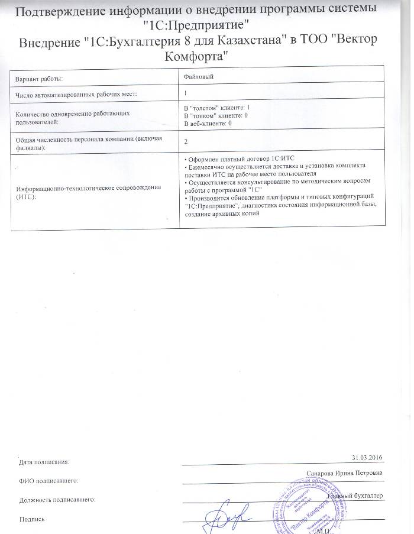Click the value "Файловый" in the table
click(x=199, y=76)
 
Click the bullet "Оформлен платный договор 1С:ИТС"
click(x=239, y=158)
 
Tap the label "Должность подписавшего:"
click(x=57, y=500)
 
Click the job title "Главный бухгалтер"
click(x=357, y=496)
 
